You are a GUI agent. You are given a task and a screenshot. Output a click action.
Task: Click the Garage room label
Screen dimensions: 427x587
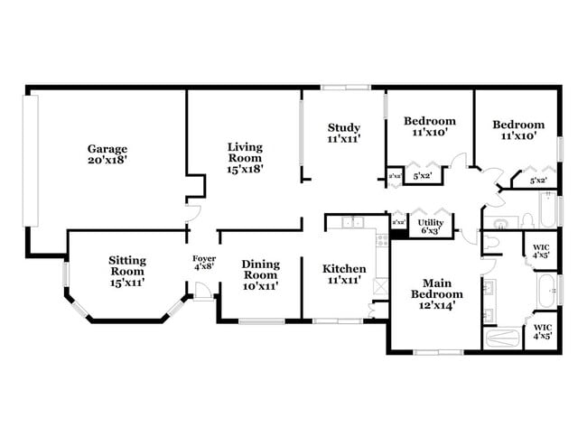coord(107,149)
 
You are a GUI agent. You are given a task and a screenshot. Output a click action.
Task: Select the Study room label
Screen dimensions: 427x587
coord(344,127)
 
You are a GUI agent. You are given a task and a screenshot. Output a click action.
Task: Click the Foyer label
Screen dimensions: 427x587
coord(203,258)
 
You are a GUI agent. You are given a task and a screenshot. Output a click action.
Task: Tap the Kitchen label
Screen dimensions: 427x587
coord(344,269)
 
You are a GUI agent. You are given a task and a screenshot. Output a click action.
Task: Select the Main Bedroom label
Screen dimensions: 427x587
coord(437,293)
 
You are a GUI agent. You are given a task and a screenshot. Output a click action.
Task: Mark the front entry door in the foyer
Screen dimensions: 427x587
coord(202,292)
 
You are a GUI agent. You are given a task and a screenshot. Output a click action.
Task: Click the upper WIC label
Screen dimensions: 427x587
coord(542,246)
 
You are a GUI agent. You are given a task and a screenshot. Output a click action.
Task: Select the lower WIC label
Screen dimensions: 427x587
coord(542,326)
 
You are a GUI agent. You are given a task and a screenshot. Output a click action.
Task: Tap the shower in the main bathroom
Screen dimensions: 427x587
coord(504,338)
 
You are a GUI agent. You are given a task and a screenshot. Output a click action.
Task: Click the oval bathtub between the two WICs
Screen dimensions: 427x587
coord(546,290)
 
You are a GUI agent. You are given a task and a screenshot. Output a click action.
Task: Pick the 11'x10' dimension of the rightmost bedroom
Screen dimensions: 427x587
coord(518,136)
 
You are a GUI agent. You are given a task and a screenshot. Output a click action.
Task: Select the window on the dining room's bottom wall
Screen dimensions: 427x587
coord(261,321)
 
